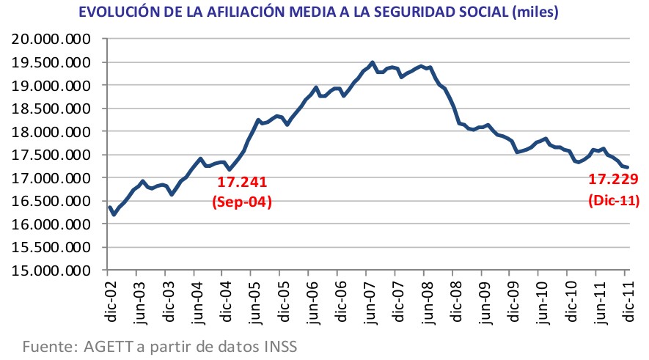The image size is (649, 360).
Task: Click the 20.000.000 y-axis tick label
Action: point(50,39)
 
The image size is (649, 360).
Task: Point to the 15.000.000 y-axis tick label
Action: point(50,271)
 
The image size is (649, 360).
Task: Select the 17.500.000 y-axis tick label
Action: point(50,155)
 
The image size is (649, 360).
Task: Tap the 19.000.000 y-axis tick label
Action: point(50,85)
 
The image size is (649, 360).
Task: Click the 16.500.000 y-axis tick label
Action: point(50,201)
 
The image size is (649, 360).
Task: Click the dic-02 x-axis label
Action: point(109,301)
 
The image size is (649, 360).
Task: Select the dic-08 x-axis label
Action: point(452,301)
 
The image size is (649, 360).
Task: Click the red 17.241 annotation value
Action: point(241,182)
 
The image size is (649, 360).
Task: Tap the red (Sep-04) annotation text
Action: point(241,202)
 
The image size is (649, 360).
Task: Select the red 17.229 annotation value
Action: point(613,179)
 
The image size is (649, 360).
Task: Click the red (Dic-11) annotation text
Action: point(613,199)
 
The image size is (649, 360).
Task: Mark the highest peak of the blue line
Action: point(373,62)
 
